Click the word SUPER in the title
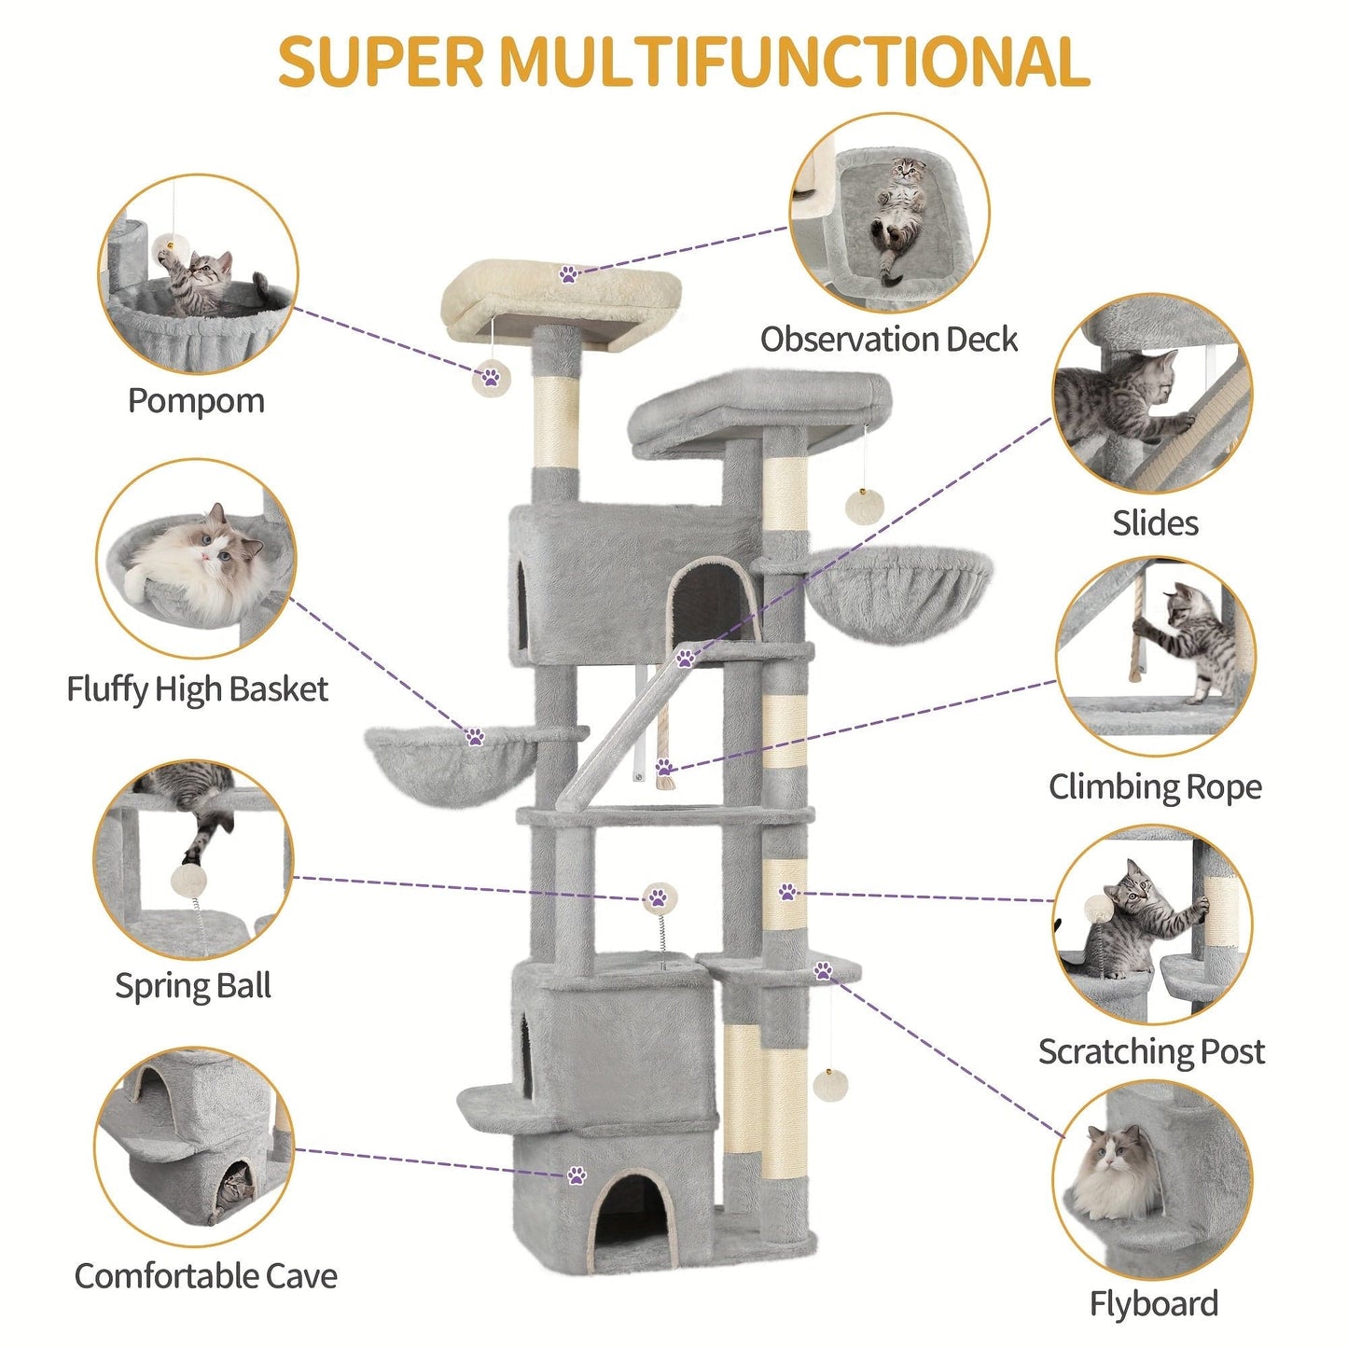pos(381,62)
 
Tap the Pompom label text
pos(196,401)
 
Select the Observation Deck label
pos(888,340)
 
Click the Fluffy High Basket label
pos(197,689)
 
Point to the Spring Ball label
pos(193,986)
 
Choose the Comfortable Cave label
pos(205,1276)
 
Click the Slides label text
pos(1155,523)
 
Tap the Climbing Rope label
pos(1155,787)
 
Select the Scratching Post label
pos(1151,1051)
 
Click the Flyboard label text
pos(1154,1304)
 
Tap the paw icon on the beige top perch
pos(568,273)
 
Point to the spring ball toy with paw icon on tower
pos(660,899)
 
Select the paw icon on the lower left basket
pos(476,737)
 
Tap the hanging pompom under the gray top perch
pos(864,507)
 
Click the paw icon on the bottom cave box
pos(577,1174)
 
